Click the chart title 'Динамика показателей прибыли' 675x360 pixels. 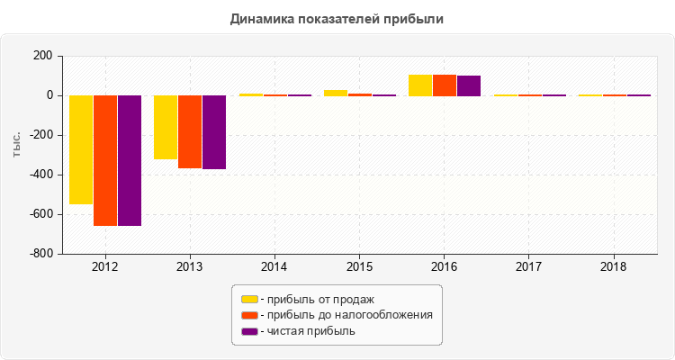[x=337, y=18]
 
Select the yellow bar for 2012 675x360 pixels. [x=81, y=149]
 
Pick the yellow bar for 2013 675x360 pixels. [x=166, y=127]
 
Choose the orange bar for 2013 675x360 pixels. [x=190, y=131]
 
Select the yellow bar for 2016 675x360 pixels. [x=420, y=85]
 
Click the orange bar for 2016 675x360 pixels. [x=445, y=85]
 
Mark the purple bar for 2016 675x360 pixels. [x=469, y=85]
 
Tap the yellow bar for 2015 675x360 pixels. [x=335, y=93]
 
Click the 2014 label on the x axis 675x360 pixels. [x=274, y=267]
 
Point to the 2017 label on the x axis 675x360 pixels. [x=529, y=267]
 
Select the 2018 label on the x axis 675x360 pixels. [x=614, y=267]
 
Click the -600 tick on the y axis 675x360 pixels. [x=40, y=214]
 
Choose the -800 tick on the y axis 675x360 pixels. [x=40, y=254]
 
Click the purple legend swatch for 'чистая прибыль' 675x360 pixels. [x=249, y=331]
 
